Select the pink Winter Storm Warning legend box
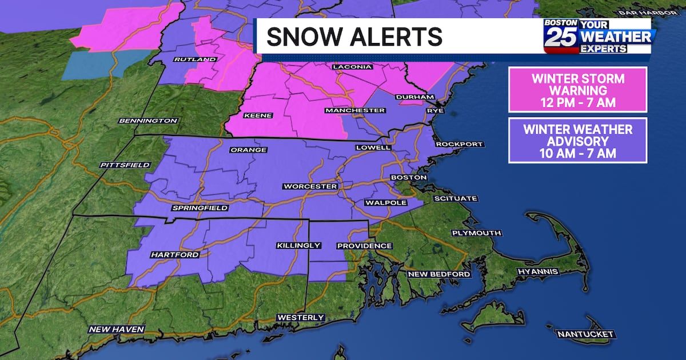tap(577, 90)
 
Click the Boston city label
tap(408, 178)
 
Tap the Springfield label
tap(200, 209)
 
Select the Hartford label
tap(175, 254)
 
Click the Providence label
tap(364, 246)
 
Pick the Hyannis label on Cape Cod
tap(537, 271)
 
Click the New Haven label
tap(117, 329)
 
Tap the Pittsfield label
tap(125, 165)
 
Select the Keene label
tap(258, 115)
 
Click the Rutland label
tap(195, 59)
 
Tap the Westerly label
tap(301, 317)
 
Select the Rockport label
tap(459, 144)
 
